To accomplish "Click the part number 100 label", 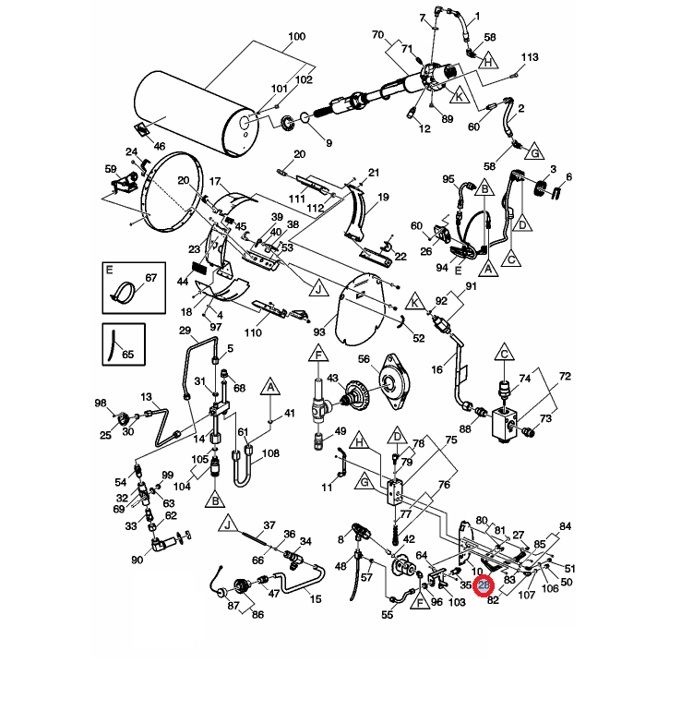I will coord(296,37).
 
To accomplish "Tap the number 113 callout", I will coord(529,57).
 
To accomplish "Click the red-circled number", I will coord(485,584).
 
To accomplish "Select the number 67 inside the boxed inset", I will coord(151,279).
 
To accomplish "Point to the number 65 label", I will coord(128,354).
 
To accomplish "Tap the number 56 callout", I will coord(363,359).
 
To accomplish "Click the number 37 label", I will coord(269,525).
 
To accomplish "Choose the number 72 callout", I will coord(566,378).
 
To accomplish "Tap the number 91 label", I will coord(470,287).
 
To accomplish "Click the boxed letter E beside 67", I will coord(109,271).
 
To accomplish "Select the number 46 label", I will coord(159,146).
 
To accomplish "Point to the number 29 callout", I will coord(184,331).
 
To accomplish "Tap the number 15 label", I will coord(316,600).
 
